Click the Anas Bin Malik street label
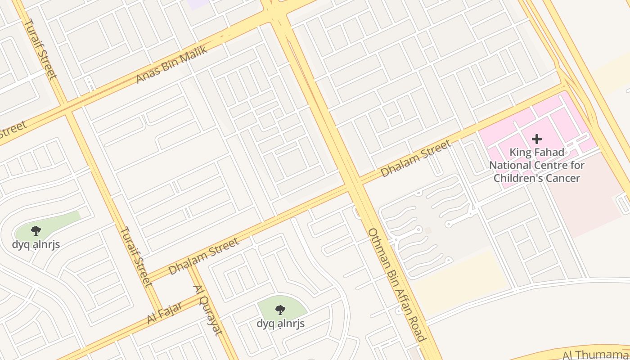click(x=172, y=64)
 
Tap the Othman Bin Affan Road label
click(x=396, y=284)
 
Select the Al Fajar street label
click(x=165, y=313)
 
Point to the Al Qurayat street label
click(x=208, y=310)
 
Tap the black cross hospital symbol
click(x=536, y=139)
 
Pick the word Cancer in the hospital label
click(x=562, y=178)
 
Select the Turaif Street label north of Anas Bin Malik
click(x=40, y=49)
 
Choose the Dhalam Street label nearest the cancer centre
click(x=415, y=158)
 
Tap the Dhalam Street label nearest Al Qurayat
click(x=204, y=256)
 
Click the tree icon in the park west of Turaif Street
click(x=36, y=231)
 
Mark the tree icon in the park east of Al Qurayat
click(x=280, y=310)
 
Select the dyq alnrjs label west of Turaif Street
click(x=36, y=245)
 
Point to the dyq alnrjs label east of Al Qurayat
click(x=280, y=324)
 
